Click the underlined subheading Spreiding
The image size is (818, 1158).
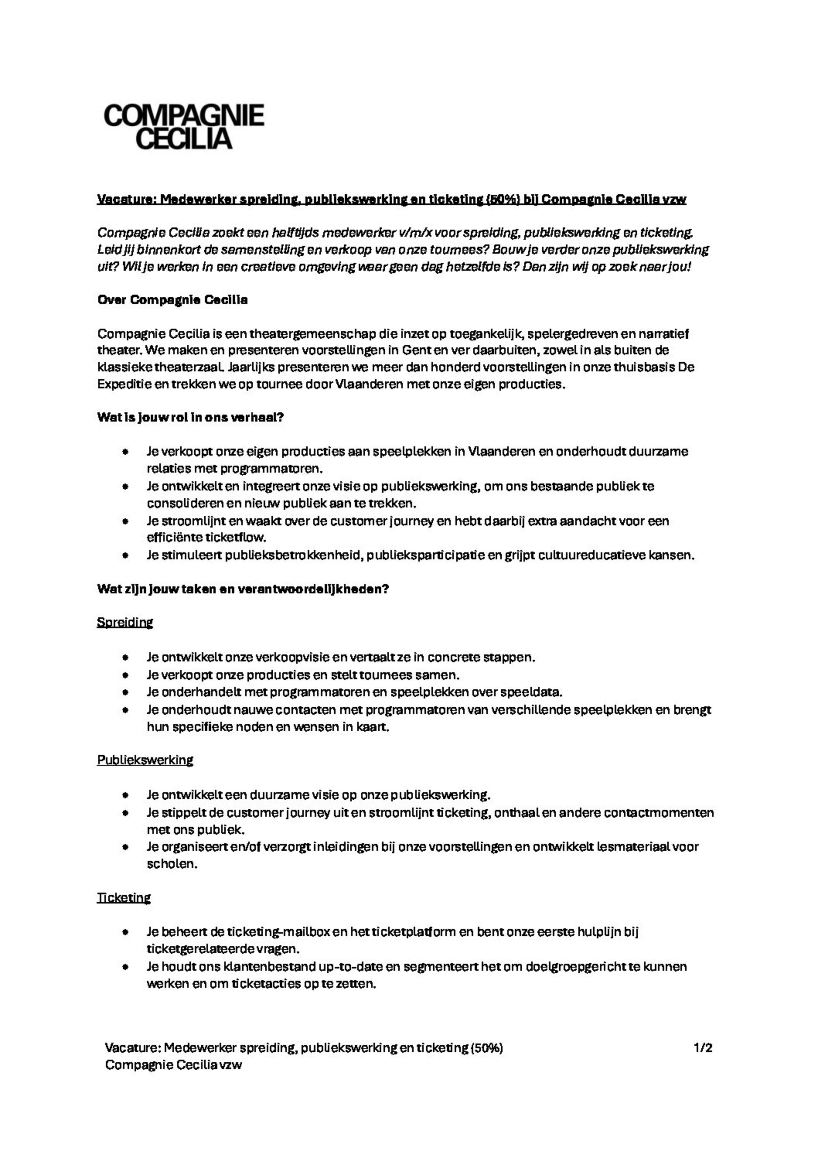pyautogui.click(x=125, y=622)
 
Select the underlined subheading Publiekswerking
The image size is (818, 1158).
pyautogui.click(x=145, y=760)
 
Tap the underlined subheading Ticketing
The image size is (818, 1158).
pyautogui.click(x=123, y=898)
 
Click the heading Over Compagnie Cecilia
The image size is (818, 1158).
pyautogui.click(x=172, y=300)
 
